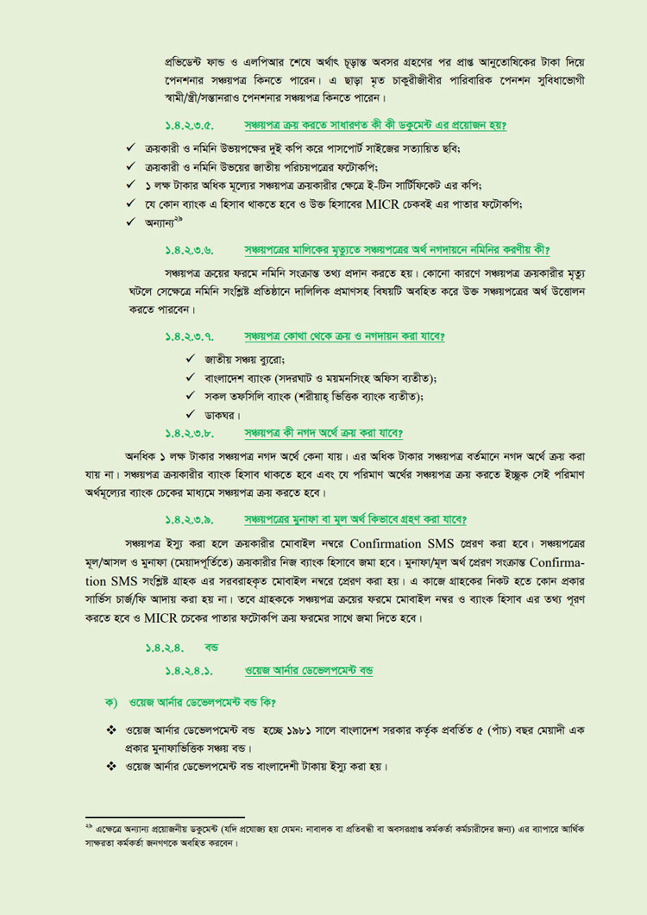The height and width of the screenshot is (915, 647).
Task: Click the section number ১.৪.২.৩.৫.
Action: pos(190,126)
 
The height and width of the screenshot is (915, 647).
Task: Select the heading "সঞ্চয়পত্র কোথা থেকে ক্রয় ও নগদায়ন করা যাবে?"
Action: pos(350,335)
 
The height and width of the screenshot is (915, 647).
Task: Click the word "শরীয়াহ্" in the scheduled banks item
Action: pos(318,396)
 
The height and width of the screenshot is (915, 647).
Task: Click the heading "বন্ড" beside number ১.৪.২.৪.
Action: pos(211,646)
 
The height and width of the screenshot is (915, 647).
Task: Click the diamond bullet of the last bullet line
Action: pos(111,766)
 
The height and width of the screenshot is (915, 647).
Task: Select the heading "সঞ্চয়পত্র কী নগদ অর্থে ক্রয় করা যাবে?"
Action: pos(323,432)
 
